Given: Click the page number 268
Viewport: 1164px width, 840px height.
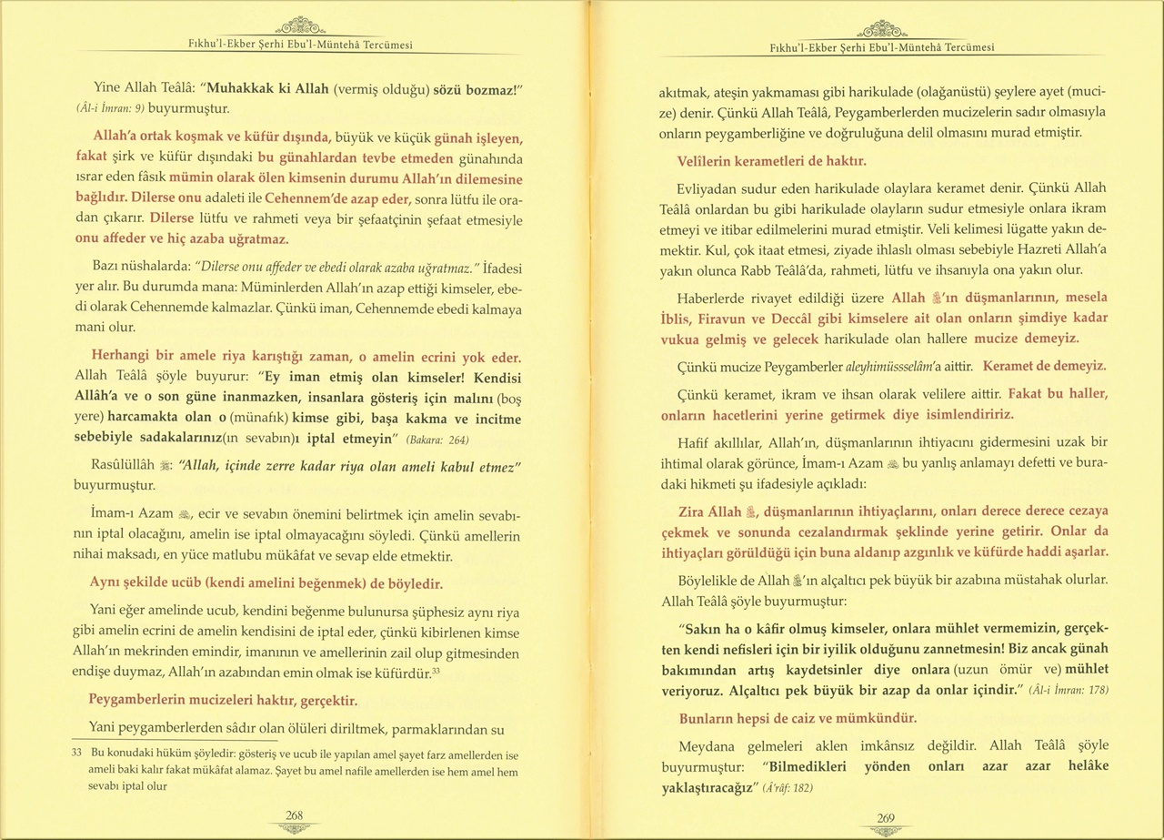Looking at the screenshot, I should (x=294, y=815).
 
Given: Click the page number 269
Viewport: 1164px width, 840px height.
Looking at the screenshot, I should (x=885, y=817).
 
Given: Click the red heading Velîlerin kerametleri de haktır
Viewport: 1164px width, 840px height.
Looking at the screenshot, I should (x=771, y=161).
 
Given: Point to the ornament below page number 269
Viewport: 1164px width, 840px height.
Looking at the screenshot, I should (x=885, y=831).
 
